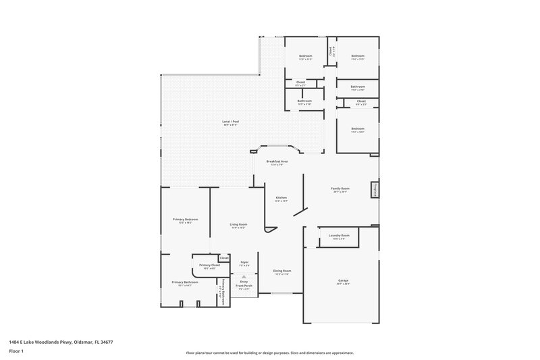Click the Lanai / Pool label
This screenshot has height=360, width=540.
tap(231, 122)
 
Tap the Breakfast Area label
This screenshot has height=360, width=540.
tap(277, 161)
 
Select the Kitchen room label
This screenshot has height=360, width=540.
tap(281, 197)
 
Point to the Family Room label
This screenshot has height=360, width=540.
tap(340, 188)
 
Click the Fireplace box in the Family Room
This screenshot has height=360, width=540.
tap(373, 190)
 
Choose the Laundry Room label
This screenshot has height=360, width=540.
tap(338, 235)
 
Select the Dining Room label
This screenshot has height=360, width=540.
tap(281, 271)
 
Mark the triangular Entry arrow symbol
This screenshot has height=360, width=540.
tap(244, 276)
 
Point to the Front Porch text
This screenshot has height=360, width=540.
tap(244, 286)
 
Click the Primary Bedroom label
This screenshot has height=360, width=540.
tap(185, 220)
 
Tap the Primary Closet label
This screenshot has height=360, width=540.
tap(209, 265)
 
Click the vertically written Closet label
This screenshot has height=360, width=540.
tap(330, 51)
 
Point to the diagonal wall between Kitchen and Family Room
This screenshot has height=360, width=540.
tap(301, 210)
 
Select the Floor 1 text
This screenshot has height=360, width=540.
tap(16, 352)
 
